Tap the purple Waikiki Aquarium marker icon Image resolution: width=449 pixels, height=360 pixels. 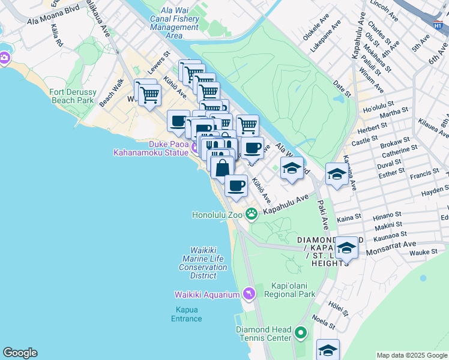point(249,294)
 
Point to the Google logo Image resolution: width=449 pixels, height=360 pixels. point(20,353)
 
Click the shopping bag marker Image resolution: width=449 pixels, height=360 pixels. point(222,168)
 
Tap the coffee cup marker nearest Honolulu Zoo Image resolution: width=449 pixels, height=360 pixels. point(237,185)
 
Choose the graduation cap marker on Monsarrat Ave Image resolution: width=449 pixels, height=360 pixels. point(347,247)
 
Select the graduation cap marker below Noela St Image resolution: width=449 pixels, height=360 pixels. point(328,349)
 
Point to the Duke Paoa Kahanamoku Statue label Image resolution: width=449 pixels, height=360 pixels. point(152,149)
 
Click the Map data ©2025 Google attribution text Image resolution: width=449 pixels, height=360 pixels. point(412,355)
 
